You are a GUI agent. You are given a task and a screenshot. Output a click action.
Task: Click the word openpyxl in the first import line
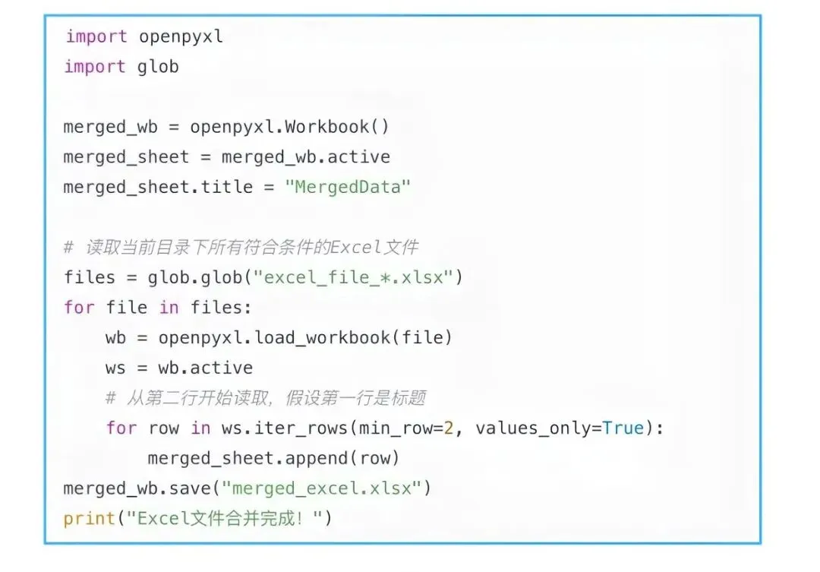181,36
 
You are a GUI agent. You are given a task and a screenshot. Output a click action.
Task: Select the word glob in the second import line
158,67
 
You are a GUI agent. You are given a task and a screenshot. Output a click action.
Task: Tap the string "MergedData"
348,187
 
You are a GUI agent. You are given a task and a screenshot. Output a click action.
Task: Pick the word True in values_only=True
623,428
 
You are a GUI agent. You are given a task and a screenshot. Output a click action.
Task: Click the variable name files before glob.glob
90,277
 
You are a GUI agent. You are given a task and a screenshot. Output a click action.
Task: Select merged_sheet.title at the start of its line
158,187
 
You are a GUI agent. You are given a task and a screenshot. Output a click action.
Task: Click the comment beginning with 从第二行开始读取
266,397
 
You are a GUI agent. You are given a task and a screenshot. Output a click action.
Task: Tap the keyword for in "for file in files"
79,308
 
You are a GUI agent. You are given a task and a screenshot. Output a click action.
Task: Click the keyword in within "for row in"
200,428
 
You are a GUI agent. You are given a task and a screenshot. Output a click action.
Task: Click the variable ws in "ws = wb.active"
115,368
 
